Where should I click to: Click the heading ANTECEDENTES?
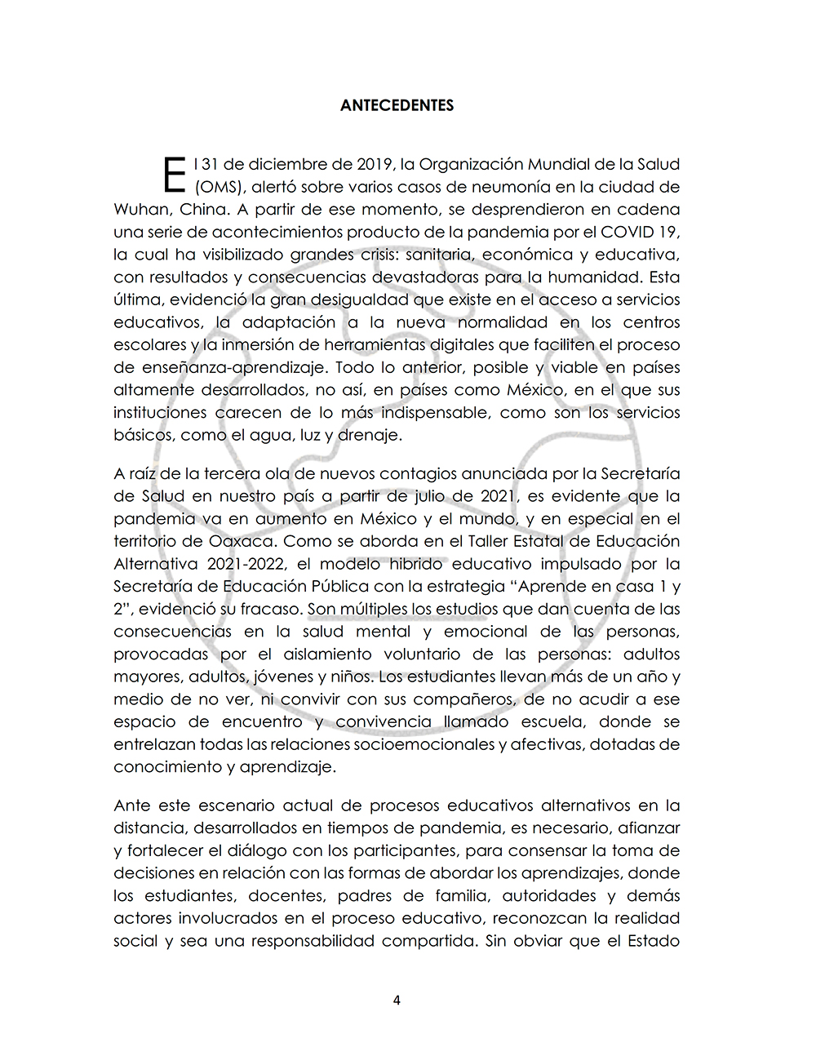(x=397, y=105)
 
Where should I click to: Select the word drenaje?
(x=370, y=435)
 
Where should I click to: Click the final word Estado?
(x=653, y=941)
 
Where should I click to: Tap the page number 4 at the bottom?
(x=397, y=1001)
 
